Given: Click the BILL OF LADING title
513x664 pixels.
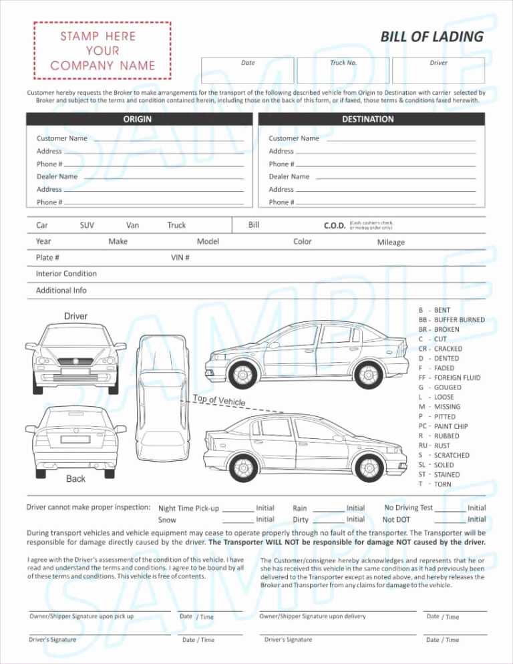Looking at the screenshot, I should [432, 37].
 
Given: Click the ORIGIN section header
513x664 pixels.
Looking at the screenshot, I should [137, 120].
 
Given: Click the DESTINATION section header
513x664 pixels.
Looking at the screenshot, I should [367, 120].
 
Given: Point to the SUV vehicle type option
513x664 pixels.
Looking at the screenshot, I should [87, 226].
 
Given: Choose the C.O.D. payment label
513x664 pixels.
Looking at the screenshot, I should [335, 226].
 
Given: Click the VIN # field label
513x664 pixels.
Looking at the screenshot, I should [180, 258].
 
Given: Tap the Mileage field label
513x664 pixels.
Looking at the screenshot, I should [391, 242].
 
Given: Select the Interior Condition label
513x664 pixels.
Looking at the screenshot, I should [66, 274].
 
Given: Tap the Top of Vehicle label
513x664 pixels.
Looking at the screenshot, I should [219, 401].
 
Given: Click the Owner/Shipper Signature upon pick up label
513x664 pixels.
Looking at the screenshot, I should [81, 616].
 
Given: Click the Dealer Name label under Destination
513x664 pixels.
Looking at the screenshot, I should [289, 177].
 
